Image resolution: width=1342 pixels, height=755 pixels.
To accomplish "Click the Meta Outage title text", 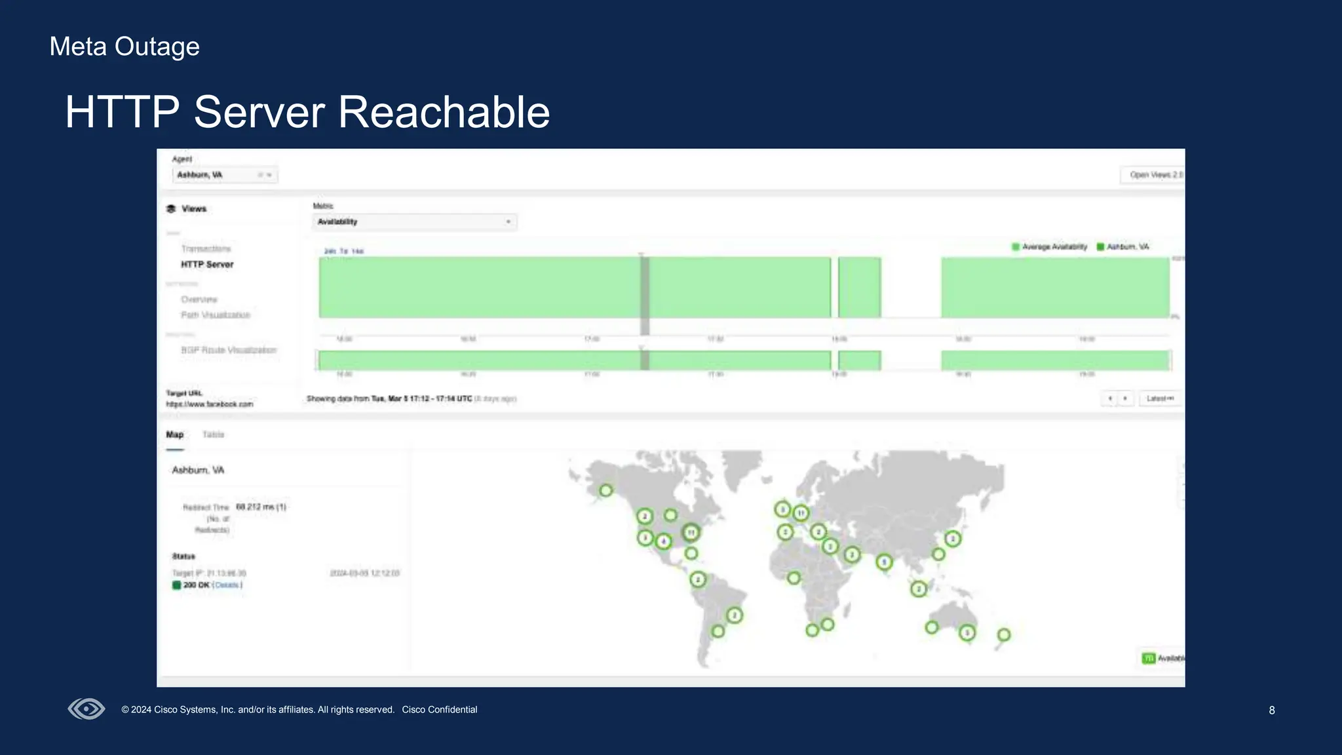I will pos(125,47).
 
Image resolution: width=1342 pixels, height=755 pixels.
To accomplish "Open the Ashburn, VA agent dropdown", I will pos(225,175).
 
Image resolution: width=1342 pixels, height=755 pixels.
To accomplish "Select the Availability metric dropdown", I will pos(414,222).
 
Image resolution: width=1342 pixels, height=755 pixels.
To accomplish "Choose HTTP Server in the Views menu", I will pos(207,265).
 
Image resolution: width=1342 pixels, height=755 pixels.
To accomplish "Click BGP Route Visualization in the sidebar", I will pos(229,350).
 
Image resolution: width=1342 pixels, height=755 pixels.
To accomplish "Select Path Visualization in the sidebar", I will pos(216,315).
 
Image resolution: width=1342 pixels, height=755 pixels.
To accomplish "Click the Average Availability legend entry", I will pos(1049,247).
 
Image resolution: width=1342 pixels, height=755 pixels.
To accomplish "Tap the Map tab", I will pos(174,435).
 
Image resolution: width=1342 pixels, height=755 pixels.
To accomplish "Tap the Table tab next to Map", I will pos(213,435).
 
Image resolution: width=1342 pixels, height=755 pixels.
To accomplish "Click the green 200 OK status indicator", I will pos(176,585).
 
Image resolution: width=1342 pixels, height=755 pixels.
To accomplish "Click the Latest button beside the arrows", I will pos(1160,398).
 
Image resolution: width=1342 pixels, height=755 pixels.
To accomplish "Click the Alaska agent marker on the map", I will pos(606,490).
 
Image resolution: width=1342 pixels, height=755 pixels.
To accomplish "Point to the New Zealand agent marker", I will pos(1003,634).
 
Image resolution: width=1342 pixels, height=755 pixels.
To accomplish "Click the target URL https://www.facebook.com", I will pos(209,404).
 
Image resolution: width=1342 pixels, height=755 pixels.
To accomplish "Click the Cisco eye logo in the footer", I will pos(86,709).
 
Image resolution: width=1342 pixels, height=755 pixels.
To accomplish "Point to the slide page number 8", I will pos(1271,710).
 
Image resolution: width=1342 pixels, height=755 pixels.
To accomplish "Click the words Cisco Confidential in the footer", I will pos(439,710).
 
